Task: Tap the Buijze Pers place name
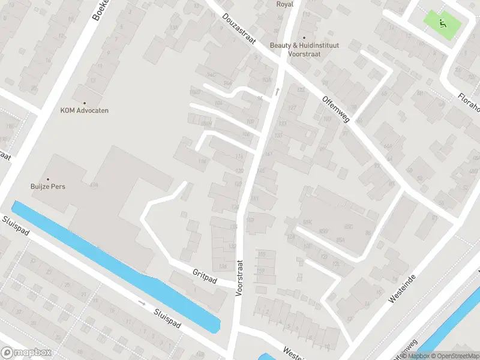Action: (x=48, y=187)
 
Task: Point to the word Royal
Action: (x=284, y=4)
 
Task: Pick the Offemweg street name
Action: (x=335, y=109)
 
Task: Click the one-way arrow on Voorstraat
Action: (x=277, y=92)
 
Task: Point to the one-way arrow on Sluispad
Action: (x=142, y=303)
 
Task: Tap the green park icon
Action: (x=443, y=23)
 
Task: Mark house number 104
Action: (x=218, y=103)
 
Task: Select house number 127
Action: (x=293, y=108)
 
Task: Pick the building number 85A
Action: (x=340, y=240)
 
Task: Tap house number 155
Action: (x=262, y=254)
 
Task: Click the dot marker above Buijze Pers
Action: (x=48, y=178)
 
